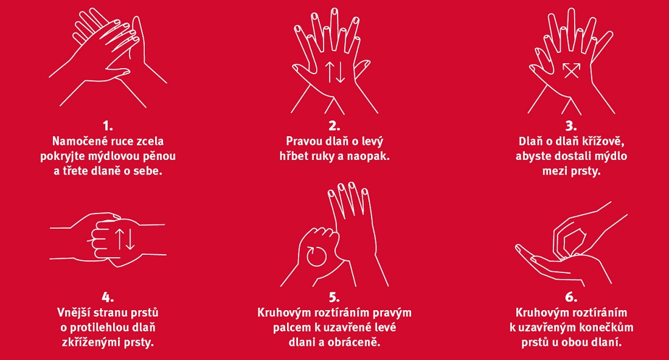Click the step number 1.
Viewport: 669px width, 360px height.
(108, 126)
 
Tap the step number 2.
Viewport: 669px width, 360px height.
(334, 126)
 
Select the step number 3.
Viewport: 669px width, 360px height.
(571, 126)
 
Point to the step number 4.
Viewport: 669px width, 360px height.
(108, 297)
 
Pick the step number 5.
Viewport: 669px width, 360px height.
(334, 297)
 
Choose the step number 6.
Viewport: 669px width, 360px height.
(571, 297)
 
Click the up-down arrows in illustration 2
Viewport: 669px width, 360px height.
(334, 72)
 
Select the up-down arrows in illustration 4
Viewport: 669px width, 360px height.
(125, 239)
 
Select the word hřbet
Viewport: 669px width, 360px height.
(293, 156)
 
